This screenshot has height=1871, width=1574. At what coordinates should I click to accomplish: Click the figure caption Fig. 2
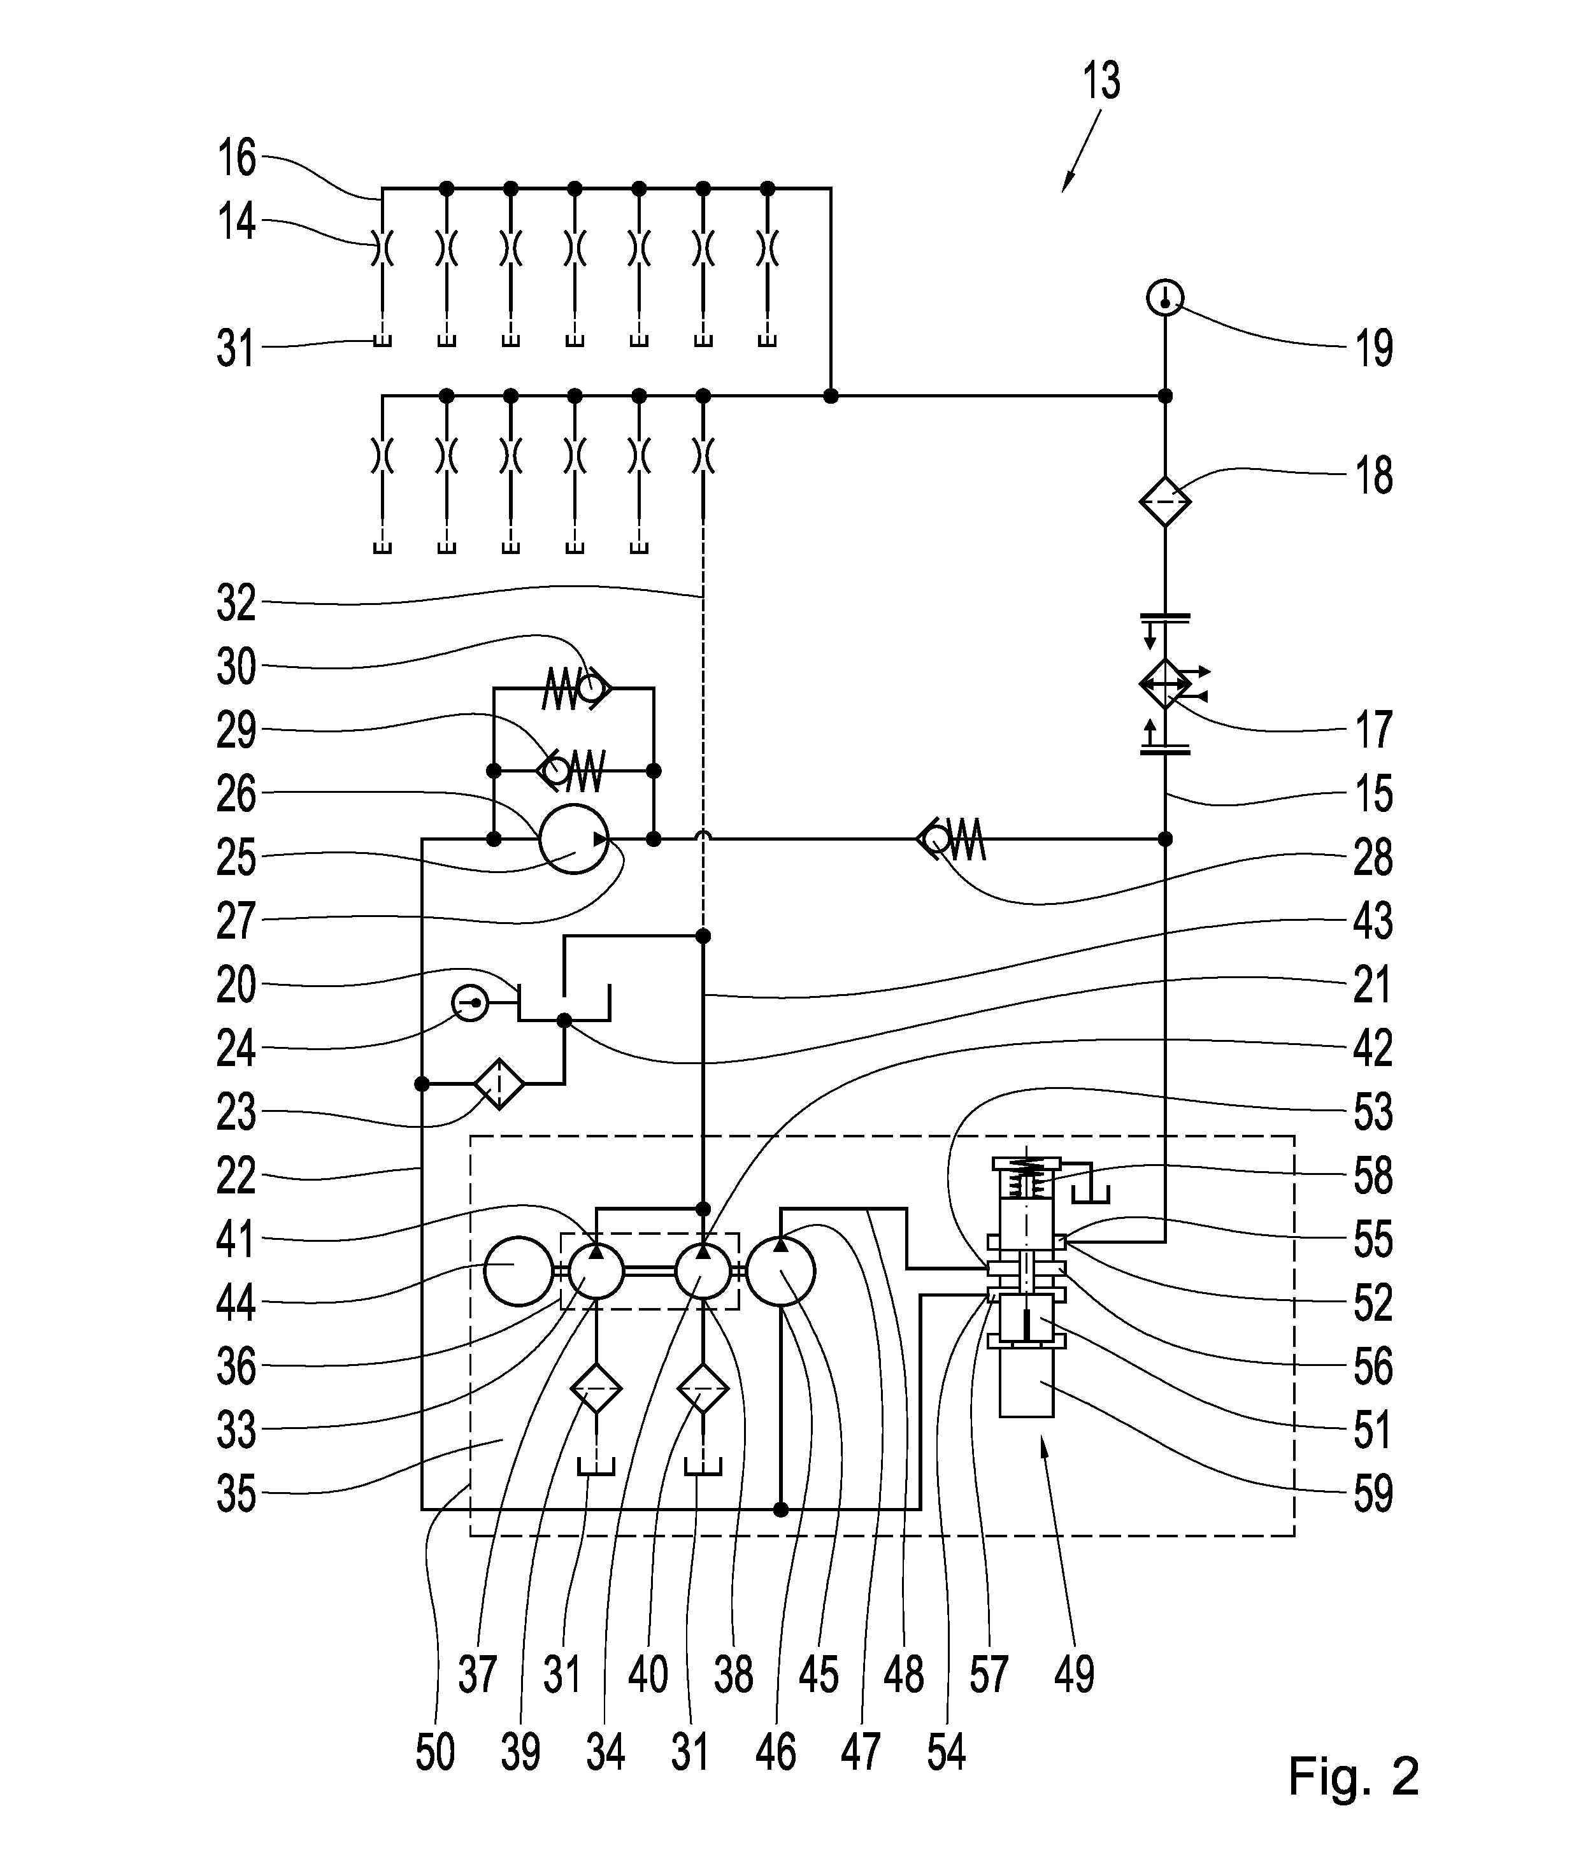pos(1353,1776)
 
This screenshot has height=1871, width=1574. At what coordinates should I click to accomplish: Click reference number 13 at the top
pos(1102,81)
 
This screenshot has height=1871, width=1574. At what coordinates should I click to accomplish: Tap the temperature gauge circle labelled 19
pos(1164,298)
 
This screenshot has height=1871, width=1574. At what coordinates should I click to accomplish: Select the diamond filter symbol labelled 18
pos(1164,501)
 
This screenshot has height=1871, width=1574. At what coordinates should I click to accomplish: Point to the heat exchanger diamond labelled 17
pos(1164,685)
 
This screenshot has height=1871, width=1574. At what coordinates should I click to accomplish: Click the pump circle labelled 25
pos(574,839)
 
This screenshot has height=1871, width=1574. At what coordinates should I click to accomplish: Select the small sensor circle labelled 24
pos(469,1004)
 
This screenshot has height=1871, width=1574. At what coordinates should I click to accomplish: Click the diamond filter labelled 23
pos(499,1083)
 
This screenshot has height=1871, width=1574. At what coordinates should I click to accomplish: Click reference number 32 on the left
pos(236,604)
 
